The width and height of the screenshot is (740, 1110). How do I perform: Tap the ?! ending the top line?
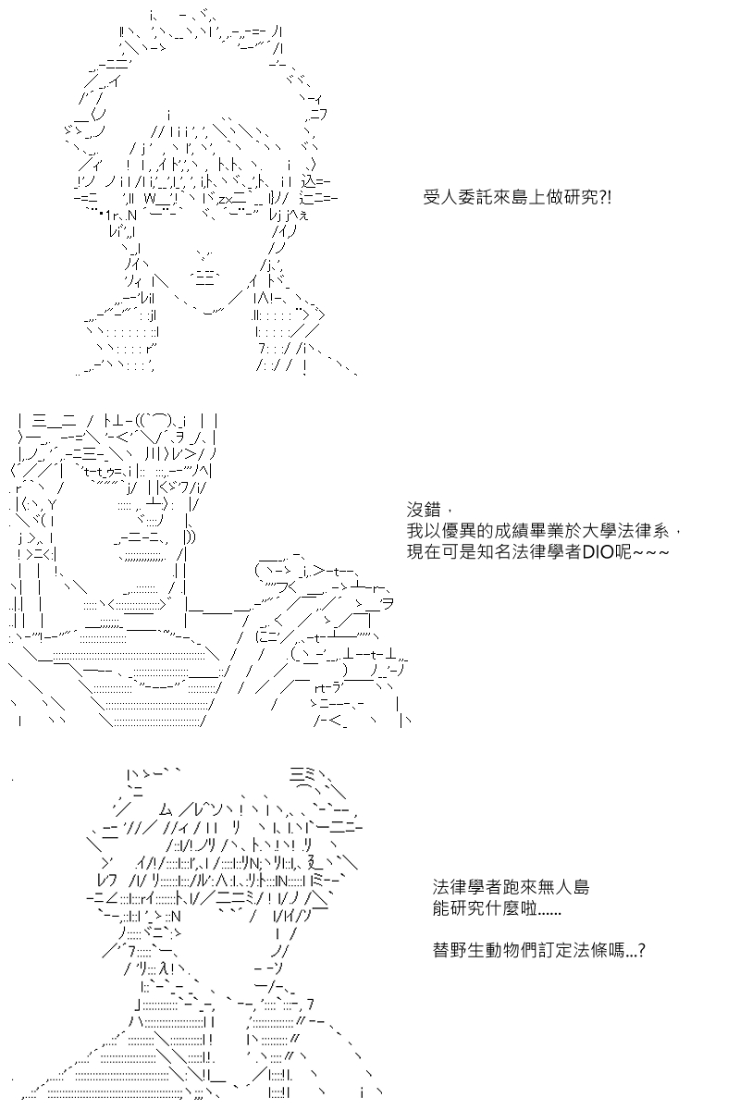point(605,198)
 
